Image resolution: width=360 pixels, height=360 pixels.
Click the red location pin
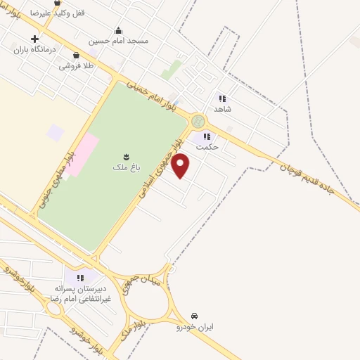[181, 166]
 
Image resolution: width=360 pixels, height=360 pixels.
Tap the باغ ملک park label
[122, 168]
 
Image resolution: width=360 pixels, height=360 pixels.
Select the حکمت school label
[207, 147]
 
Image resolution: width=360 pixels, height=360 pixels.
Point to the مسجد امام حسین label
[118, 41]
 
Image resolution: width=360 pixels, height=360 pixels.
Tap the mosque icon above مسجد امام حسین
[118, 30]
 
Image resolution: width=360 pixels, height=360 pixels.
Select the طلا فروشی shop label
[75, 65]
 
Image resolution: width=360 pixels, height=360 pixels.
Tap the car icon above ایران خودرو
[195, 316]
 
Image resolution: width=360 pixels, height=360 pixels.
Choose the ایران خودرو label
[195, 327]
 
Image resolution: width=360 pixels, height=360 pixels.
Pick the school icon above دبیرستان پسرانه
[79, 278]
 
